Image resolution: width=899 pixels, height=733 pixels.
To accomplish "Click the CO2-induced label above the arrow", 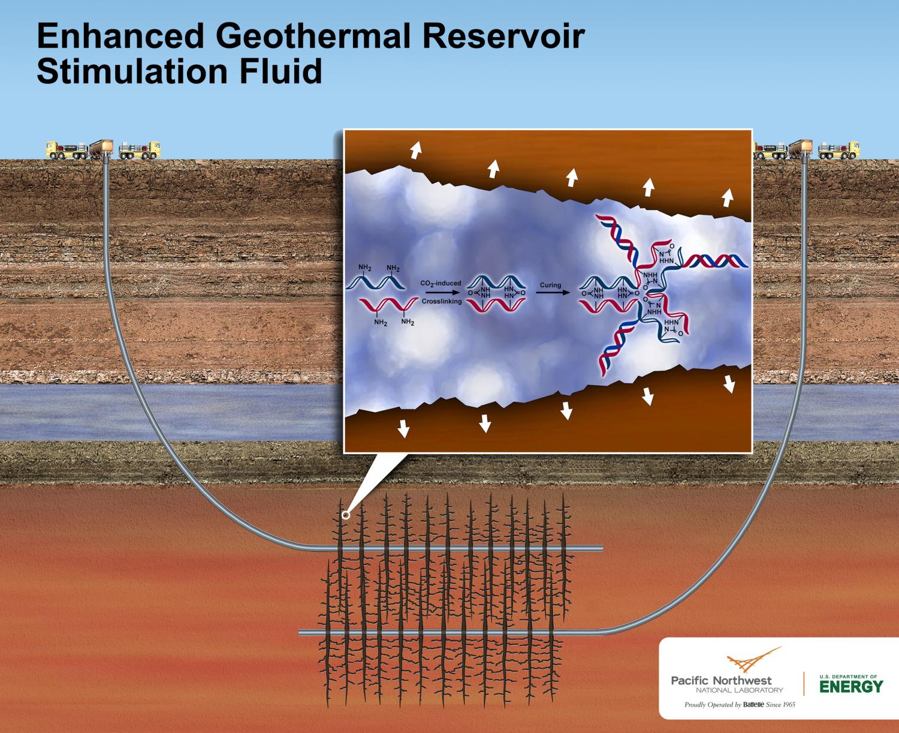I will click(441, 283).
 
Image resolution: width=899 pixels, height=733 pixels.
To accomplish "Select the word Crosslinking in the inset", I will click(442, 301).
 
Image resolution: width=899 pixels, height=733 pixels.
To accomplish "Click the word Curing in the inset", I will click(550, 285).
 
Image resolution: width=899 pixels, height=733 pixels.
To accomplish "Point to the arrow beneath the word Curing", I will click(551, 294).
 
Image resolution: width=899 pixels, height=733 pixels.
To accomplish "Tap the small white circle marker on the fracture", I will click(345, 515).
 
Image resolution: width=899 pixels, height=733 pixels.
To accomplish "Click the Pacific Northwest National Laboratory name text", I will click(726, 684).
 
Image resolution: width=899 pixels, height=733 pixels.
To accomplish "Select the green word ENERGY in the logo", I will click(850, 686).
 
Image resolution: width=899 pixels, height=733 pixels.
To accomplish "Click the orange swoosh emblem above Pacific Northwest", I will click(752, 661).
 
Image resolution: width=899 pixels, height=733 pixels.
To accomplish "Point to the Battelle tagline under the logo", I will click(740, 705).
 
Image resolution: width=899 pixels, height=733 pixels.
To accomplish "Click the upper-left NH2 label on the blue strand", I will click(364, 267).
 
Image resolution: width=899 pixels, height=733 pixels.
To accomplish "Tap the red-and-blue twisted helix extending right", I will click(716, 260).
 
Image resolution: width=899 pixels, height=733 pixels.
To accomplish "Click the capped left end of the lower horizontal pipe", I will click(301, 632).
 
